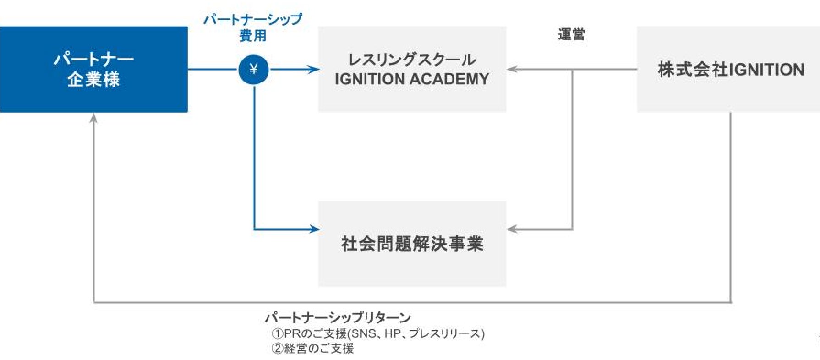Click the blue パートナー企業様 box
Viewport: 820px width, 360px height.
(x=93, y=69)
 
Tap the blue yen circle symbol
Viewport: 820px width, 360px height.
(x=254, y=70)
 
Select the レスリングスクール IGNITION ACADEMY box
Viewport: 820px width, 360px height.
(x=412, y=69)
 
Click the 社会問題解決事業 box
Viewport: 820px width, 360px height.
(x=412, y=243)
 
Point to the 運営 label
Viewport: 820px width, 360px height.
(x=571, y=35)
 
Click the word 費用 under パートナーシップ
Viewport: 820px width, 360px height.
(x=253, y=36)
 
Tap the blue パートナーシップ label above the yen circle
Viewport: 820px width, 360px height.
(x=253, y=20)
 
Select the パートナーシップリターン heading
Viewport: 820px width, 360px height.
(x=338, y=317)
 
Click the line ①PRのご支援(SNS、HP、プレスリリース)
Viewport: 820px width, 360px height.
(x=378, y=333)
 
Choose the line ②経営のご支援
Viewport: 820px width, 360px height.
(x=313, y=348)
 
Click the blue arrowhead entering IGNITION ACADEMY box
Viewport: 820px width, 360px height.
(x=314, y=70)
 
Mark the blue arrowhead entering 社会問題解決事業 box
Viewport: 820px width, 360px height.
(x=314, y=229)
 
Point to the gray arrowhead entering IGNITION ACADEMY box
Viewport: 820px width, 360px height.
(x=512, y=70)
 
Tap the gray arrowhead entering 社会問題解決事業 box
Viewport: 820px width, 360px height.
(x=512, y=229)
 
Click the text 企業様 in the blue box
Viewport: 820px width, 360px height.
(x=93, y=80)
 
